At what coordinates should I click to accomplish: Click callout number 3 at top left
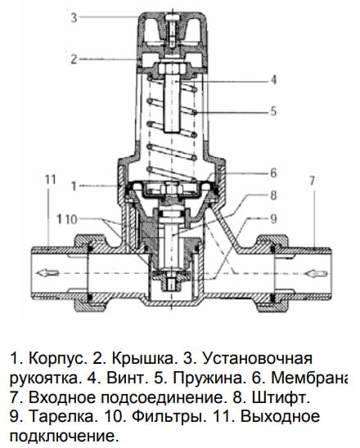(74, 17)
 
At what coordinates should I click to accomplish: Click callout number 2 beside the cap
(74, 59)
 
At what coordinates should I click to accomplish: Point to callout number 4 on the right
(273, 80)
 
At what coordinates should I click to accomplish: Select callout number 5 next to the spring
(273, 111)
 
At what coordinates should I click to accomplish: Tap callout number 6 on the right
(273, 172)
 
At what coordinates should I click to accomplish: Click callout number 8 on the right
(273, 195)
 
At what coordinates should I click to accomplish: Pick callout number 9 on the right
(273, 219)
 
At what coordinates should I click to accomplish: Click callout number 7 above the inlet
(312, 181)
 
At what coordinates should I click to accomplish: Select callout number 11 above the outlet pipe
(51, 180)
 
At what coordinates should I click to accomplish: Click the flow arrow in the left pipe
(47, 273)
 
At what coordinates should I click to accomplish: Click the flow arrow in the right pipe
(316, 273)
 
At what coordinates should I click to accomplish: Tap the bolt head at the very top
(171, 17)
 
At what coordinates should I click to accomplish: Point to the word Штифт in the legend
(281, 397)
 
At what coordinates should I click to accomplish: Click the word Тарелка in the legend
(62, 417)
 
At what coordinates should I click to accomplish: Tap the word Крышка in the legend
(142, 359)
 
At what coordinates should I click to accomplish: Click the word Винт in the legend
(125, 379)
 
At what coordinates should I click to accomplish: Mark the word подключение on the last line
(64, 437)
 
